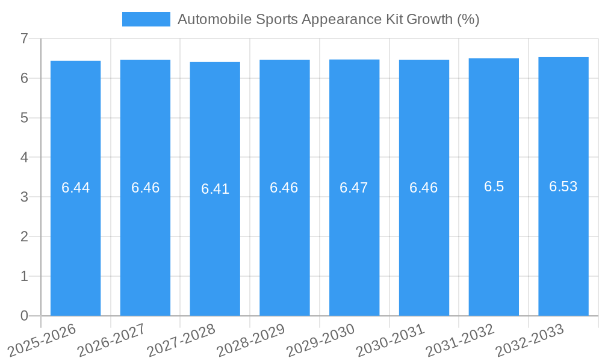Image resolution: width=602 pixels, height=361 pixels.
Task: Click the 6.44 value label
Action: tap(75, 188)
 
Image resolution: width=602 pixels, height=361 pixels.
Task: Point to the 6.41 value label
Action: tap(215, 189)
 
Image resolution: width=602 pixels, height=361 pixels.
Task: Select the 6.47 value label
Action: tap(354, 188)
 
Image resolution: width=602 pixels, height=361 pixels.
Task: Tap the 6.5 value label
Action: tap(494, 187)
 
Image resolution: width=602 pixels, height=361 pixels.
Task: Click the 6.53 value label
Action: tap(563, 187)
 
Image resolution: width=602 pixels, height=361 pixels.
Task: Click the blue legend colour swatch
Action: tap(146, 19)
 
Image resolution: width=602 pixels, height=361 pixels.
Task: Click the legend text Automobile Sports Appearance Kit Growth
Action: tap(328, 19)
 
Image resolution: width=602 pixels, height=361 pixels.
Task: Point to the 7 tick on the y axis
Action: tap(24, 39)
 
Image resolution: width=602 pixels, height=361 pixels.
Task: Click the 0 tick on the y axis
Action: tap(24, 316)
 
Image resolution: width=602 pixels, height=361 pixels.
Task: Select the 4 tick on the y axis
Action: tap(24, 158)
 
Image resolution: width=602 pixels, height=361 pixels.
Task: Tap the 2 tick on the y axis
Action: tap(24, 236)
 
